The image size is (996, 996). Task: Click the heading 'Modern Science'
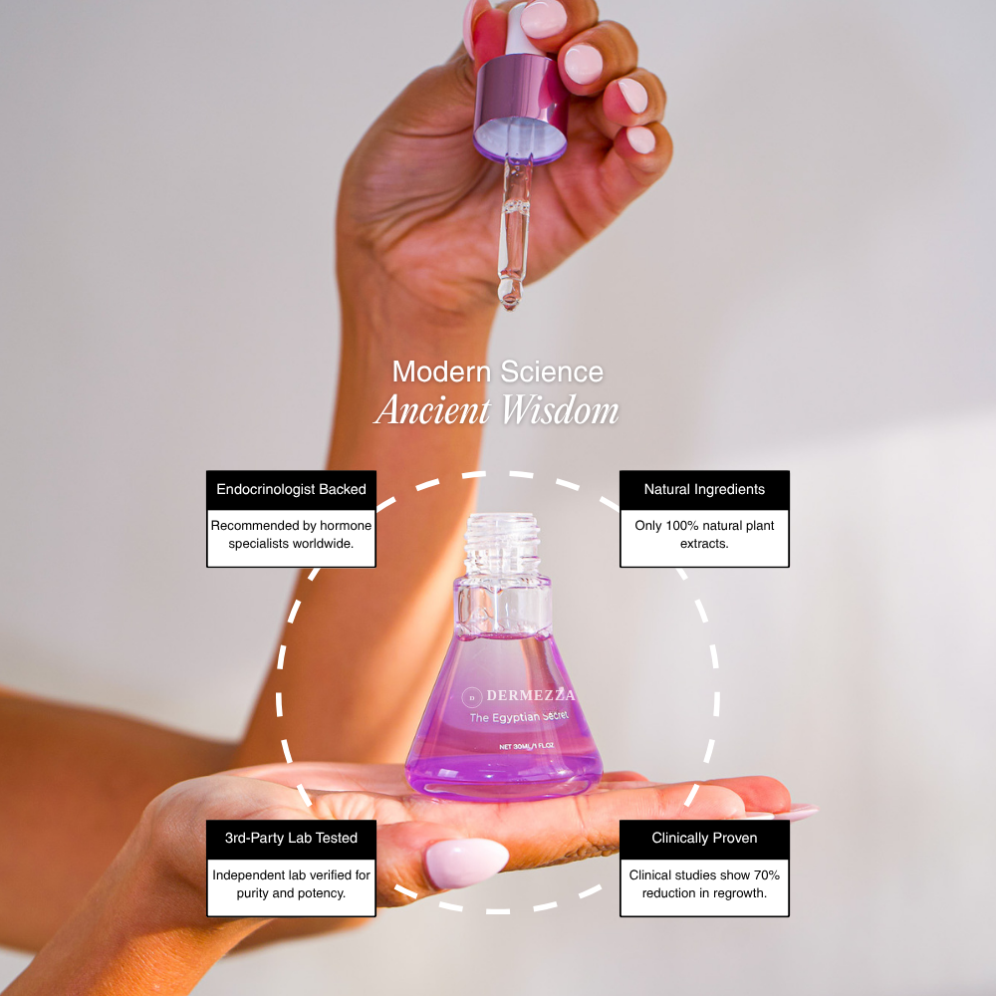[497, 372]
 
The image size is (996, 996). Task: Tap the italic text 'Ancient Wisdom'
[497, 410]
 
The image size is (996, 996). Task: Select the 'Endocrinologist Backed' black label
[291, 489]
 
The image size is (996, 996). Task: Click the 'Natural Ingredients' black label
[704, 489]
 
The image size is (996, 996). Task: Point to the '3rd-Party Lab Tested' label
[291, 838]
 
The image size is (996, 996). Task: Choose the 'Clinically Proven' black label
[704, 838]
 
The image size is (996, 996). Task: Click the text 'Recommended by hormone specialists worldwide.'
[291, 534]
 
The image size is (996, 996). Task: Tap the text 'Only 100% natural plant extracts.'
[704, 534]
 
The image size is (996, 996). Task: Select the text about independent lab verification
[291, 883]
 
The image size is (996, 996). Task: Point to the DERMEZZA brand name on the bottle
[530, 695]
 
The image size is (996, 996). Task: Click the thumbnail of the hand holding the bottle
[465, 863]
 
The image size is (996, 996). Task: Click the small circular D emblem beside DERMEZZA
[473, 696]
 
